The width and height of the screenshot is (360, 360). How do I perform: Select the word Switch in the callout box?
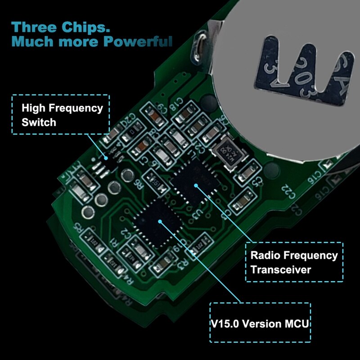click(39, 121)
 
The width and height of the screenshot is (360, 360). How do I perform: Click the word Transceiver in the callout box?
click(280, 270)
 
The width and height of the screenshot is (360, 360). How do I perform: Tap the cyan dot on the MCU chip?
click(161, 220)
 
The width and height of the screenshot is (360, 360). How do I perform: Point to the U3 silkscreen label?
click(196, 214)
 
